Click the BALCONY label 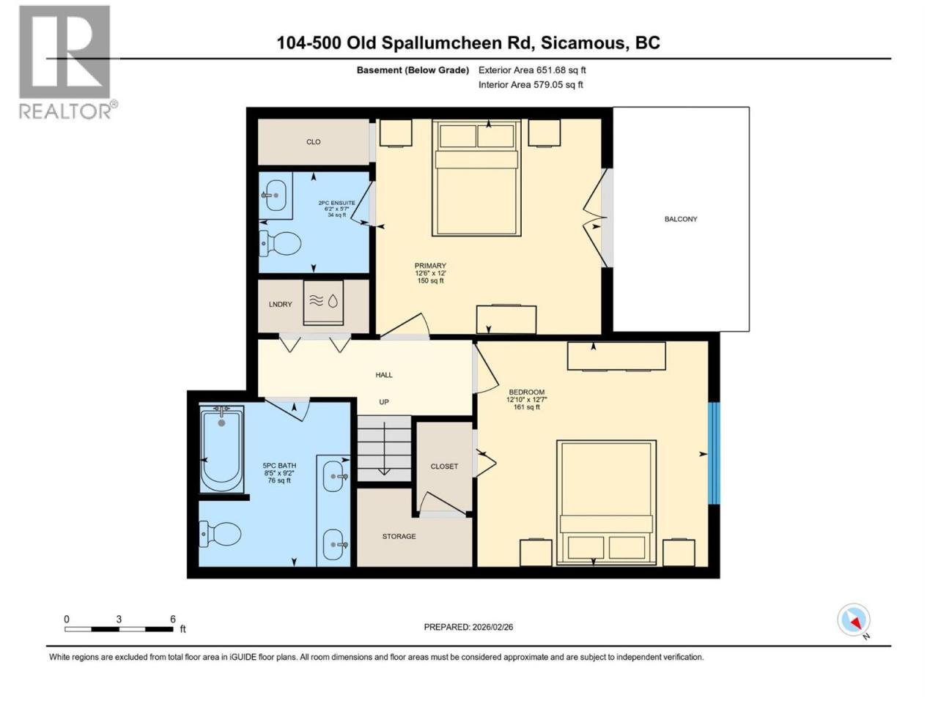[680, 219]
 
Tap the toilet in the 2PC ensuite [280, 244]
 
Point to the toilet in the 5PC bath [220, 534]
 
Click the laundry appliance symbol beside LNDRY [323, 302]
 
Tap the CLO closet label [313, 142]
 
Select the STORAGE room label [399, 536]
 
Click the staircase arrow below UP [384, 448]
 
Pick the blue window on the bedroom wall [714, 453]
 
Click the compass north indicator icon [854, 620]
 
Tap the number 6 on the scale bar [173, 619]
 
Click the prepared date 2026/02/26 [492, 627]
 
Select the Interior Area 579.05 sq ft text [531, 84]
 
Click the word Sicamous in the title [583, 42]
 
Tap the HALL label [384, 375]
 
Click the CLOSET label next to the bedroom [444, 466]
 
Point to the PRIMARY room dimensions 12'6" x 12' [430, 273]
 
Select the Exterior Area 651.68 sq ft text [532, 70]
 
